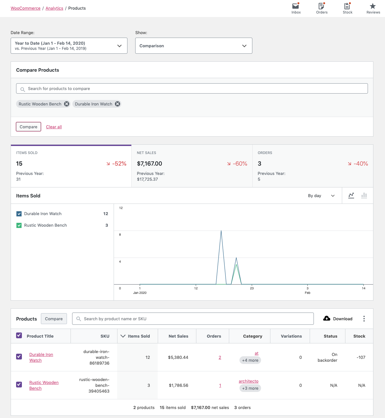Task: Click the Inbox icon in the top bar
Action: (x=296, y=6)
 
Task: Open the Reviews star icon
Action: (x=373, y=6)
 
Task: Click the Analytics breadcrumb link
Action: (x=54, y=8)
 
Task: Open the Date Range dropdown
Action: (x=69, y=46)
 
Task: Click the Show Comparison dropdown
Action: (x=193, y=46)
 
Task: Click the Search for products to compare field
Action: (x=192, y=89)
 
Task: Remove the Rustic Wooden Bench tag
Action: (x=67, y=104)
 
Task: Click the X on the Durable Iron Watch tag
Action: (x=117, y=104)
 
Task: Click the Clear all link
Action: (x=54, y=127)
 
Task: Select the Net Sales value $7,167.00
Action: (x=150, y=164)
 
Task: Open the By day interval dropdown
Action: (x=321, y=196)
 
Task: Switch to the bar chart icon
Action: (x=364, y=195)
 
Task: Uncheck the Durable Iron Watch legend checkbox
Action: (x=19, y=214)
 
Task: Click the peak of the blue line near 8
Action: (x=221, y=231)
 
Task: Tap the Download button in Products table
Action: (x=338, y=319)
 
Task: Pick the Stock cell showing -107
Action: (x=361, y=358)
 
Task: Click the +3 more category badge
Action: (x=250, y=388)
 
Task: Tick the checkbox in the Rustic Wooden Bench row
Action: (x=19, y=385)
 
